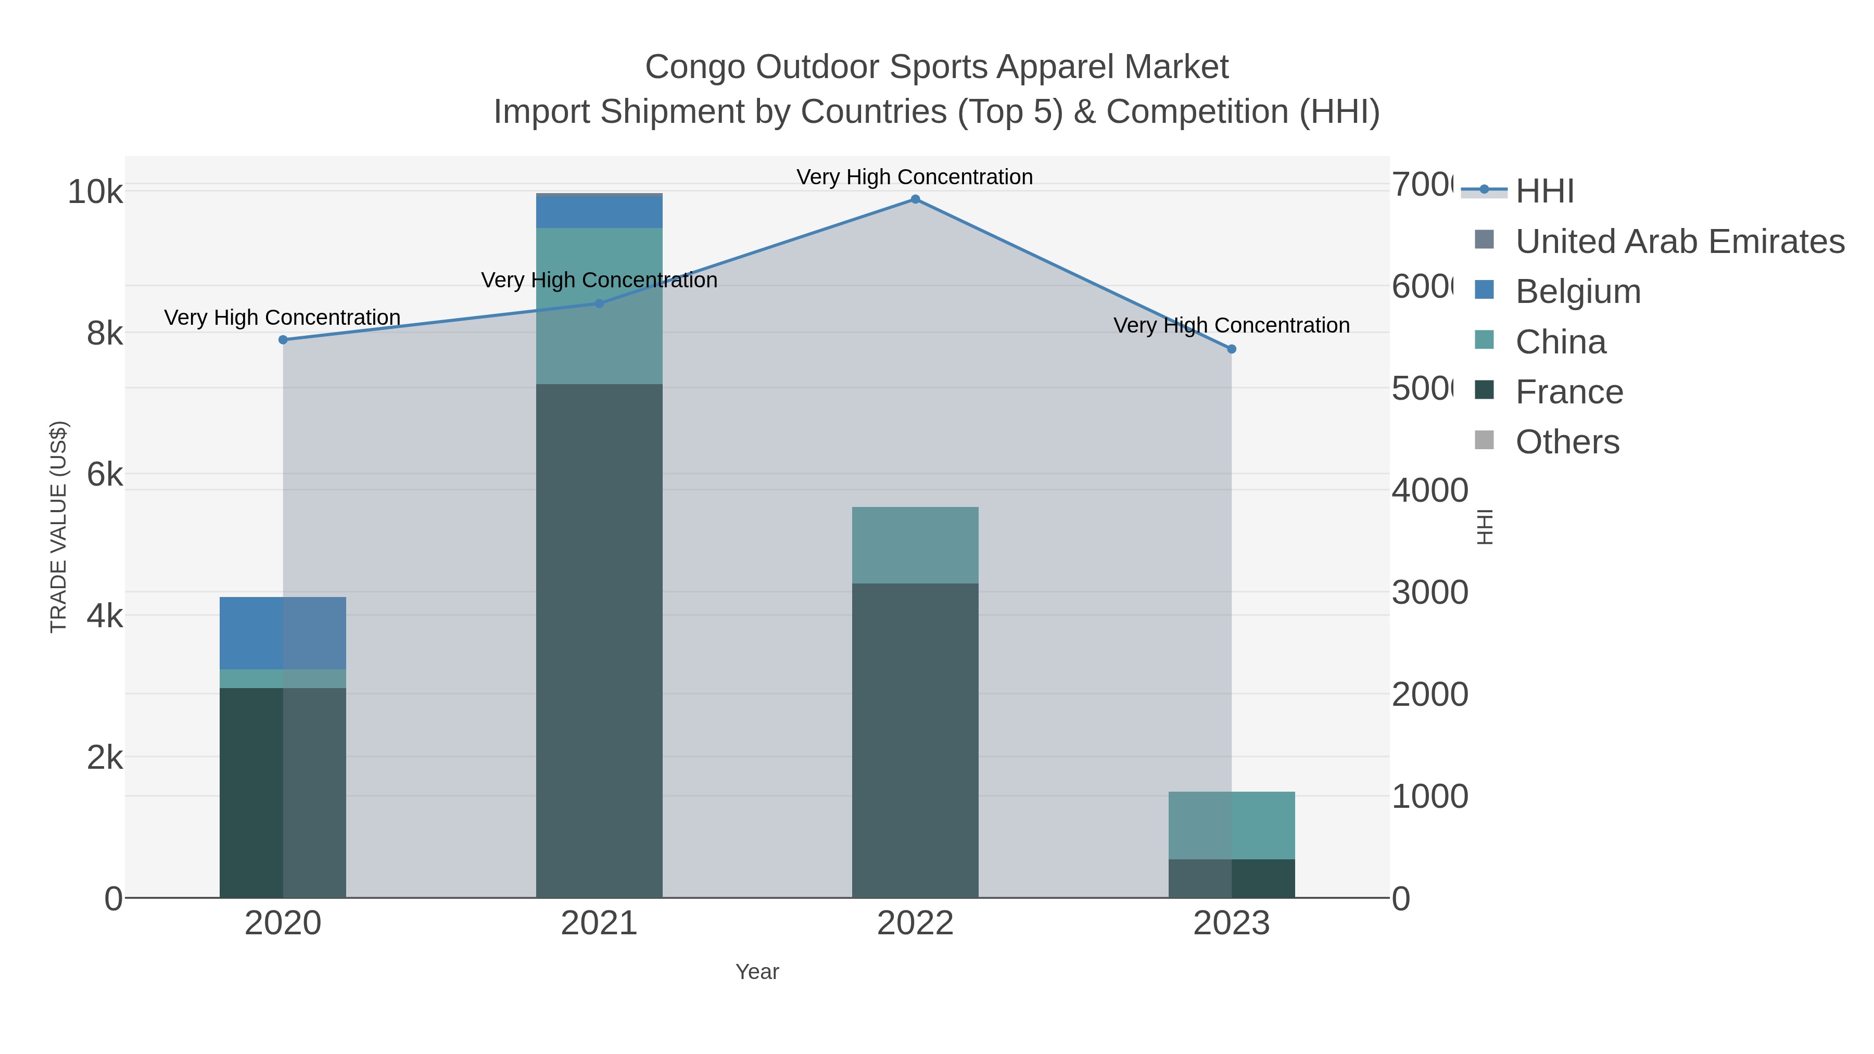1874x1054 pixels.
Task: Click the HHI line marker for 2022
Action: coord(915,199)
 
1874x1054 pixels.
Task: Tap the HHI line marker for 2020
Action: coord(283,340)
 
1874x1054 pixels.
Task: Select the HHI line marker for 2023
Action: coord(1231,349)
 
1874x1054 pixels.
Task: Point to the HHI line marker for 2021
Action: coord(600,303)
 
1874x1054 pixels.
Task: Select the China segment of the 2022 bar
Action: coord(915,545)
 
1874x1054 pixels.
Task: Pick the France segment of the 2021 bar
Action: coord(600,640)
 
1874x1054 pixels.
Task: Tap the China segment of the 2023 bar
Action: coord(1231,825)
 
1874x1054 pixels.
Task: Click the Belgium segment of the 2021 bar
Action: coord(600,212)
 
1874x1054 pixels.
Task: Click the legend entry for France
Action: coord(1568,391)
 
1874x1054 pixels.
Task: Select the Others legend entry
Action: coord(1567,441)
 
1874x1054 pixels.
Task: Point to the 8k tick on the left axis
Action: coord(104,333)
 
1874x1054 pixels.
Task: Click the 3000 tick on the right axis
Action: coord(1429,592)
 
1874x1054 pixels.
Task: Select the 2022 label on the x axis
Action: coord(915,923)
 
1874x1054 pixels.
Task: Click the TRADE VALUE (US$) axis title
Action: coord(58,527)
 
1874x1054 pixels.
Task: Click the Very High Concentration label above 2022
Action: coord(915,177)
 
